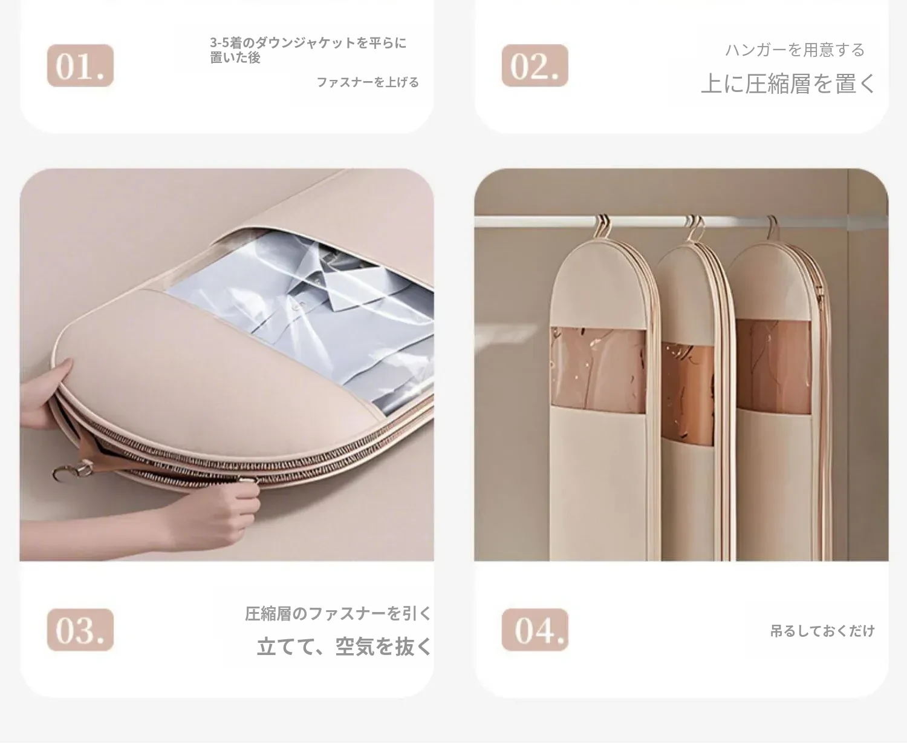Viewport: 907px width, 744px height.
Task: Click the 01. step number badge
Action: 80,65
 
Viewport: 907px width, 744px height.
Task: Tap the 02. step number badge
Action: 535,65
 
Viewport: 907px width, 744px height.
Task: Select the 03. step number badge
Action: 80,630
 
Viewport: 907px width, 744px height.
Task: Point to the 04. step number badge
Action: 535,630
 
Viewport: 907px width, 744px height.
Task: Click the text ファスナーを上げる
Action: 368,82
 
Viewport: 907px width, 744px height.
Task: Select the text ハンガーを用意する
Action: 795,50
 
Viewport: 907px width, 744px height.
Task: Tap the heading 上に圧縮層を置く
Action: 788,84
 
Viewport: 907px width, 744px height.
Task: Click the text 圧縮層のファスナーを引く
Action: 338,613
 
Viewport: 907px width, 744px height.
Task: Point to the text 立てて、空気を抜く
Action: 344,647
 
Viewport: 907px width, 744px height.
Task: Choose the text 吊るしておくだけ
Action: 822,631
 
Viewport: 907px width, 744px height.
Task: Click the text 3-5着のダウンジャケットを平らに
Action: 308,42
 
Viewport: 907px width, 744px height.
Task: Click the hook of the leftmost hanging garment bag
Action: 602,226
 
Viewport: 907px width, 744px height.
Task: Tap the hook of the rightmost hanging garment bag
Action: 773,228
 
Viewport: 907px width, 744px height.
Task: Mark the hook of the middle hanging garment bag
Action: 695,228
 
